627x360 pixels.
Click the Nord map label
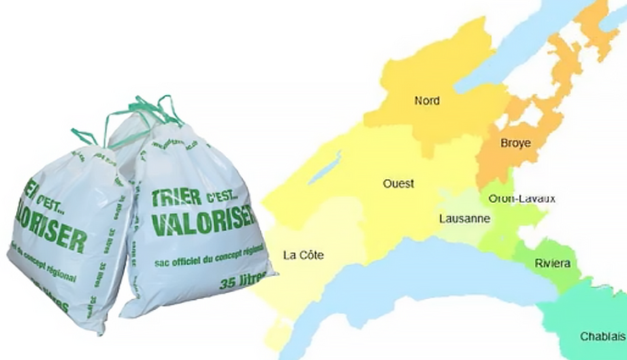pos(426,101)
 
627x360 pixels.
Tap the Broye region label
pos(515,143)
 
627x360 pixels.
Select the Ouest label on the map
pos(398,183)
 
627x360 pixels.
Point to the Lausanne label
pos(464,218)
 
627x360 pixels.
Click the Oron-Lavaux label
pos(522,199)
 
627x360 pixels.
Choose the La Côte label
pos(303,255)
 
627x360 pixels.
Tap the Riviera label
pos(552,263)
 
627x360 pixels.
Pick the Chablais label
pos(602,336)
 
